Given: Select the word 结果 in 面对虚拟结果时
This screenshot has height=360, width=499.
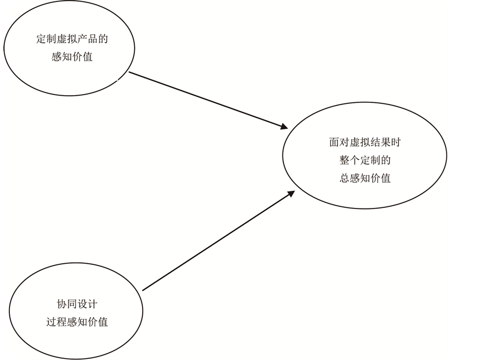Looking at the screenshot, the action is pyautogui.click(x=380, y=142).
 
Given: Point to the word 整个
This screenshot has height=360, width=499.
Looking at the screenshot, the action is pyautogui.click(x=348, y=160).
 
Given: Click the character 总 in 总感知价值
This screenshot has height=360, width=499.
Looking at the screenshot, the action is pyautogui.click(x=344, y=178).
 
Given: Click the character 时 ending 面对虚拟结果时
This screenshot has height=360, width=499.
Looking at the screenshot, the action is pyautogui.click(x=396, y=142).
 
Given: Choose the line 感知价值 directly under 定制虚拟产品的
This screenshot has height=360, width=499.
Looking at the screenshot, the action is pyautogui.click(x=70, y=56).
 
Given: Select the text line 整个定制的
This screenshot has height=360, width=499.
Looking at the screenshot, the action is pyautogui.click(x=365, y=160).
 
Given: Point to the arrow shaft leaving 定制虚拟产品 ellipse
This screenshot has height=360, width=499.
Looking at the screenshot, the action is pyautogui.click(x=204, y=100).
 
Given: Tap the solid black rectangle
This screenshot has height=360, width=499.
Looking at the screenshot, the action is pyautogui.click(x=473, y=180).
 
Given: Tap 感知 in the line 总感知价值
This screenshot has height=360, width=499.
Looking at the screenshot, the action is pyautogui.click(x=360, y=178).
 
